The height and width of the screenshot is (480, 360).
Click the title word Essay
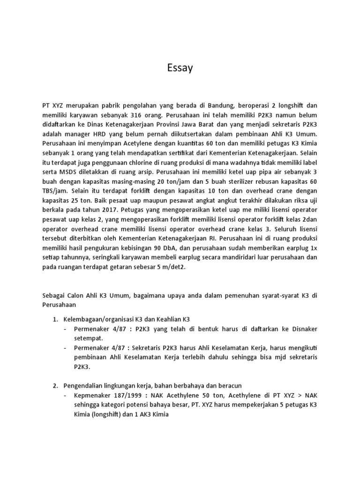pos(180,68)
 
